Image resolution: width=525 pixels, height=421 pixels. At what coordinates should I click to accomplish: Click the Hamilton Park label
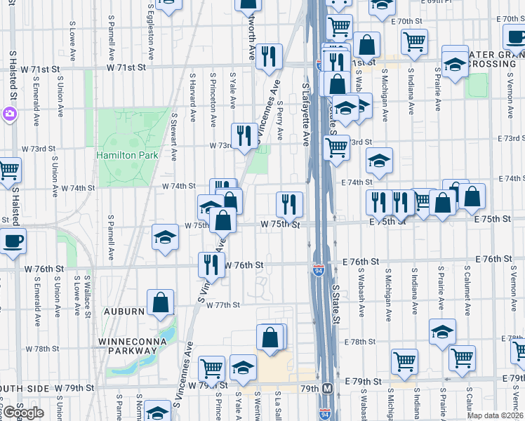[x=128, y=155]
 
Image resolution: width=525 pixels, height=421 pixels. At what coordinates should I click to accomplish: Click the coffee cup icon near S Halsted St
[x=13, y=241]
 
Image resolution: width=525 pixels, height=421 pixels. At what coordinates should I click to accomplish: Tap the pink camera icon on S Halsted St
[x=9, y=114]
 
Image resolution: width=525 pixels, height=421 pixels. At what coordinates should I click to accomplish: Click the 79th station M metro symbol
[x=327, y=388]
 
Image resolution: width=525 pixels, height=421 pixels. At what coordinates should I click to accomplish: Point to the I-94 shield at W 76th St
[x=319, y=269]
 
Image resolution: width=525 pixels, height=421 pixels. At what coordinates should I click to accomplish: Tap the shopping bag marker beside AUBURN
[x=161, y=302]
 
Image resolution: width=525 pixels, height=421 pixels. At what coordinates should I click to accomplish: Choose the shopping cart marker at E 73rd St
[x=337, y=148]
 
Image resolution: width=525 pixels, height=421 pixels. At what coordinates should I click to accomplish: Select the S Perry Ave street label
[x=280, y=120]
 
